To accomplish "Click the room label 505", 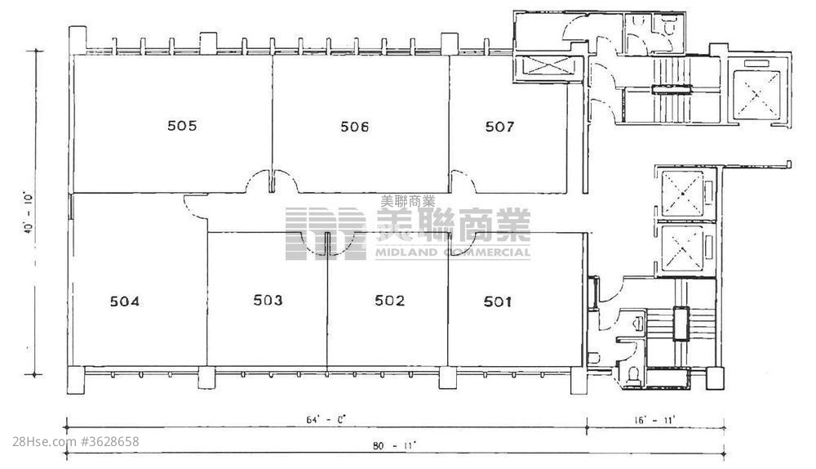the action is [x=182, y=126].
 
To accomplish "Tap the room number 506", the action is [x=355, y=127].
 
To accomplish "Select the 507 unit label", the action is [x=499, y=127].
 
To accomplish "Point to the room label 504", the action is [x=125, y=301].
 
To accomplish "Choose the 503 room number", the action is [x=268, y=300].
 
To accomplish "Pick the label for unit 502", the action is [x=390, y=301].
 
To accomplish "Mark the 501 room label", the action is [x=498, y=301].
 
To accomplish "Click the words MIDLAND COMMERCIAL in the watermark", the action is [x=453, y=252].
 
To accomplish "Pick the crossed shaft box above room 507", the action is [x=548, y=66].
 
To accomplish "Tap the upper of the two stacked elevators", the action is [x=681, y=194].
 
